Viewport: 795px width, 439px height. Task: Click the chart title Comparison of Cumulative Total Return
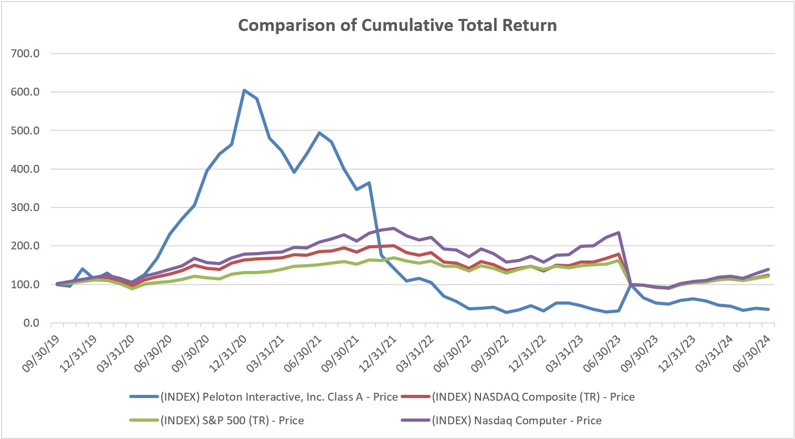[397, 25]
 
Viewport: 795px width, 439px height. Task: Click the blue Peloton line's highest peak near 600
[244, 90]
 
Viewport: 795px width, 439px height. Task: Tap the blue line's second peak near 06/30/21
[319, 133]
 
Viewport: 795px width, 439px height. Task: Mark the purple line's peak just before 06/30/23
[619, 233]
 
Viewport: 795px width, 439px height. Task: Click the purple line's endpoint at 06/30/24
[769, 269]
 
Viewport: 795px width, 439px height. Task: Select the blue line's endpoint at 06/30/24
[769, 309]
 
